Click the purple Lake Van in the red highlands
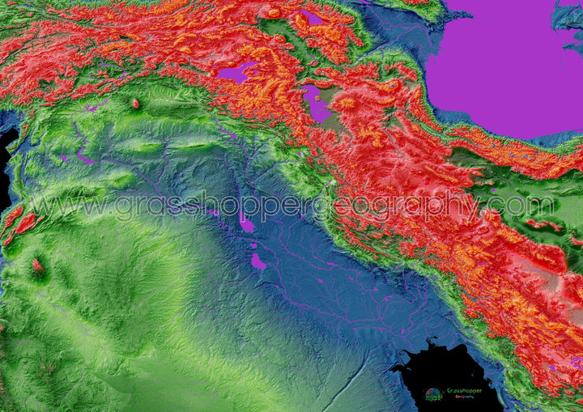[236, 73]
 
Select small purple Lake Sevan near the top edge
[312, 17]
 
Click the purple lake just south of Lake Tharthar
[258, 261]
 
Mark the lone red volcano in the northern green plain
[135, 104]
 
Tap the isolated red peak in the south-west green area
[37, 265]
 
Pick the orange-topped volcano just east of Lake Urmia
[347, 104]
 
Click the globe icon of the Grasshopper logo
[435, 394]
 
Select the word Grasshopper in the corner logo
[465, 390]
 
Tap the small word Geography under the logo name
[465, 397]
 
